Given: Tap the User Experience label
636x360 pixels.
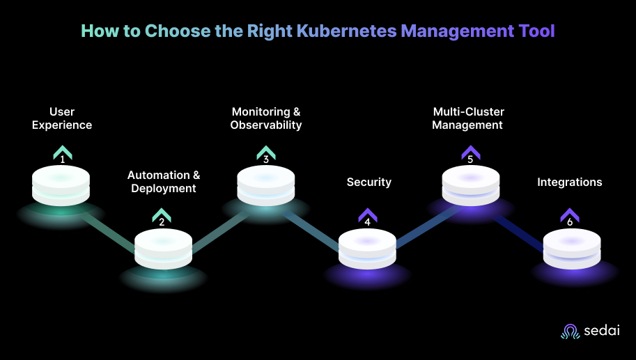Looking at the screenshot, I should click(x=62, y=118).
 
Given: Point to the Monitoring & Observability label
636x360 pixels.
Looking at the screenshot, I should click(x=266, y=118).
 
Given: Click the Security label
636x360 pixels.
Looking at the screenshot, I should click(x=369, y=182).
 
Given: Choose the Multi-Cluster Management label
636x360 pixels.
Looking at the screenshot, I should click(x=468, y=118).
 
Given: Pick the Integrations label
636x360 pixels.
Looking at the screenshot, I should click(x=570, y=182).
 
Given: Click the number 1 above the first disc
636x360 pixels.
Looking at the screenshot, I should click(x=62, y=159).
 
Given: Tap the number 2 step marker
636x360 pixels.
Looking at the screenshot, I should click(x=162, y=223).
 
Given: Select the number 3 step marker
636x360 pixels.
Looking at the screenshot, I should click(x=266, y=159).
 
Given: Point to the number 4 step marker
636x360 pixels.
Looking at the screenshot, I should click(x=367, y=223).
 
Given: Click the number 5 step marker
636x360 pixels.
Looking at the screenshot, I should click(x=470, y=159).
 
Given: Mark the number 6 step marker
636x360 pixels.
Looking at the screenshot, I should click(x=570, y=223).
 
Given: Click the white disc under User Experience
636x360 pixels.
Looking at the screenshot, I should click(x=62, y=185).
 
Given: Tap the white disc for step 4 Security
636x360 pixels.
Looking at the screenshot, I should click(x=367, y=248).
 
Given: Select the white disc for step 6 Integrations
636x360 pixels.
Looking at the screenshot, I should click(x=571, y=248).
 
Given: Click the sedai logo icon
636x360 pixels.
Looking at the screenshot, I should click(x=570, y=332).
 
